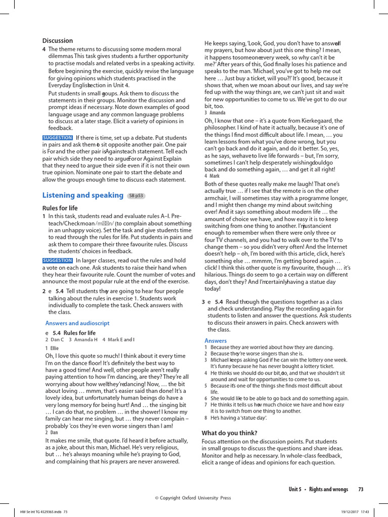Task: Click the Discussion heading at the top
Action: pyautogui.click(x=58, y=40)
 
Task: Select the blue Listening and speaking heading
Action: pyautogui.click(x=83, y=195)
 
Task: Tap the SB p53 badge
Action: pyautogui.click(x=136, y=195)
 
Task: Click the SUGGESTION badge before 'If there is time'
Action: pyautogui.click(x=58, y=137)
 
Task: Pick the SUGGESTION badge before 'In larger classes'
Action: pyautogui.click(x=58, y=261)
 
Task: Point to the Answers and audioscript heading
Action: pyautogui.click(x=77, y=323)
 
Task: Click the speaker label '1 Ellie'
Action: pyautogui.click(x=52, y=348)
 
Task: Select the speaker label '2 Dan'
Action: pyautogui.click(x=52, y=432)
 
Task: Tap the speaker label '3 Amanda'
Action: pyautogui.click(x=215, y=113)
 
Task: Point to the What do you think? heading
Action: pyautogui.click(x=229, y=433)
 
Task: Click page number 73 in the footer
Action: pyautogui.click(x=361, y=489)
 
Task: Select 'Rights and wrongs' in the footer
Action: pyautogui.click(x=328, y=489)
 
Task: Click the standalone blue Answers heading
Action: pyautogui.click(x=216, y=341)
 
